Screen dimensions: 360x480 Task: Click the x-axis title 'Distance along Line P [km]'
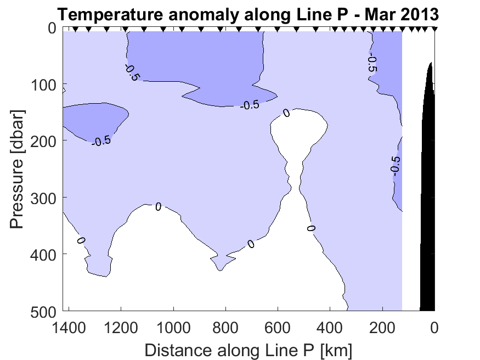pyautogui.click(x=249, y=350)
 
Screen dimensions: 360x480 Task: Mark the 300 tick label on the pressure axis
pyautogui.click(x=42, y=198)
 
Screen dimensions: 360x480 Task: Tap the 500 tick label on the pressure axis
pyautogui.click(x=42, y=311)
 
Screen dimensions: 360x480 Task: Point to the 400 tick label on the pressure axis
pyautogui.click(x=42, y=254)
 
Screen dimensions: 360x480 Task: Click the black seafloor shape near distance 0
pyautogui.click(x=428, y=220)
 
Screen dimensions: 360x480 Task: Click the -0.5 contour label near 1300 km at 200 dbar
pyautogui.click(x=101, y=141)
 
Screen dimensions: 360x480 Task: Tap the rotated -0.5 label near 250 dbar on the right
pyautogui.click(x=396, y=164)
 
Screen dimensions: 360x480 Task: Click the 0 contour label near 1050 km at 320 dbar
pyautogui.click(x=158, y=207)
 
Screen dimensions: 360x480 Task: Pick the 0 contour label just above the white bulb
pyautogui.click(x=286, y=113)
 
